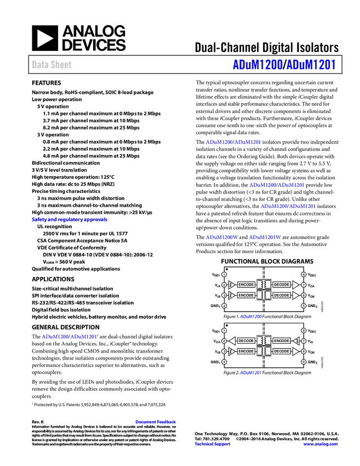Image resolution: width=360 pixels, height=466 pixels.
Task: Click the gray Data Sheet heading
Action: [52, 65]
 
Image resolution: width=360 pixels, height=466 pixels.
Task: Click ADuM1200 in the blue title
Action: [257, 65]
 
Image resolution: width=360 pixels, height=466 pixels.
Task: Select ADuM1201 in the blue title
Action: [311, 65]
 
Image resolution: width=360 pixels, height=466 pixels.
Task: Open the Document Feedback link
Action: [156, 422]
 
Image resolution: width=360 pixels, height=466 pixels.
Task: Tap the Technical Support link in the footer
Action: [213, 444]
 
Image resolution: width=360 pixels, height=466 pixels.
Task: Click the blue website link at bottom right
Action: [321, 444]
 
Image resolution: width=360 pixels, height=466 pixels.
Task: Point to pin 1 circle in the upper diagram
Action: [224, 274]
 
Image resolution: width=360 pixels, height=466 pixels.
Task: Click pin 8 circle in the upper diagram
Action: [304, 274]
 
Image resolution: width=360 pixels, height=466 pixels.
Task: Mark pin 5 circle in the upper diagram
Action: [304, 305]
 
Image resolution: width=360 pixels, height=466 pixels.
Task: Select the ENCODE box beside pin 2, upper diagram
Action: [246, 285]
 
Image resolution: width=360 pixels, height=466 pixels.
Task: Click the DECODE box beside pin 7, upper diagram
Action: [282, 285]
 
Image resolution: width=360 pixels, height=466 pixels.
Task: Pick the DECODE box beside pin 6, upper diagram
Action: [282, 295]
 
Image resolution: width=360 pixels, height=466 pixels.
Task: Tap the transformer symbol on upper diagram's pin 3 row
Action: [264, 295]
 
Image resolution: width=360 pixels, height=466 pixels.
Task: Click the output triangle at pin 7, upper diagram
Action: [295, 285]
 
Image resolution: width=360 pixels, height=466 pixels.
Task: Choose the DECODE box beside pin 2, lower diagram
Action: [246, 340]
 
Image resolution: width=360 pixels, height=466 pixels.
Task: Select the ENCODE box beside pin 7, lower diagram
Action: [282, 340]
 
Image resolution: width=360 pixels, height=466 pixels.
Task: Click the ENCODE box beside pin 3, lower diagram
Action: [246, 351]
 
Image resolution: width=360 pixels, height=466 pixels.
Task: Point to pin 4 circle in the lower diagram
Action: [224, 362]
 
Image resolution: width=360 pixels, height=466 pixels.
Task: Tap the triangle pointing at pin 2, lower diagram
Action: [232, 340]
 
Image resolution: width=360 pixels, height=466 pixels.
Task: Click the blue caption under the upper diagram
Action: [250, 316]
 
